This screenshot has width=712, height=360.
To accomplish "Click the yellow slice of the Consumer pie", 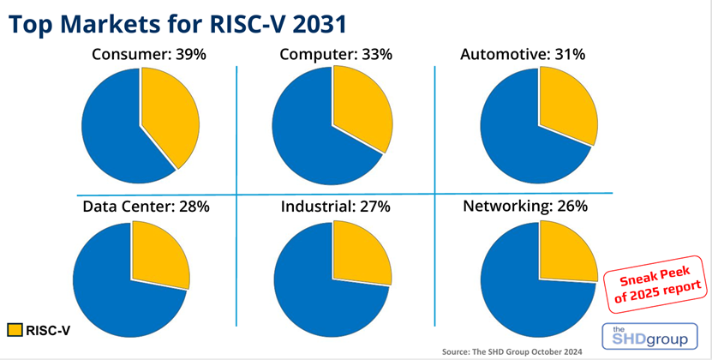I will pyautogui.click(x=168, y=116).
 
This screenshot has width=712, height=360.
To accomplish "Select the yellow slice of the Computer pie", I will pyautogui.click(x=361, y=111).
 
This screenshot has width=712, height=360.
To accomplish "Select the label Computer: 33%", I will pyautogui.click(x=336, y=55).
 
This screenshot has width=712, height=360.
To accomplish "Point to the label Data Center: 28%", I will pyautogui.click(x=146, y=206).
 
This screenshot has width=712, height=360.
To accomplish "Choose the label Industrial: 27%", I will pyautogui.click(x=336, y=206).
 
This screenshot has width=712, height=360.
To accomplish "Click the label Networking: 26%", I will pyautogui.click(x=525, y=206).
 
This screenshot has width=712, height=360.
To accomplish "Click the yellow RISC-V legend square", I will pyautogui.click(x=15, y=329).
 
